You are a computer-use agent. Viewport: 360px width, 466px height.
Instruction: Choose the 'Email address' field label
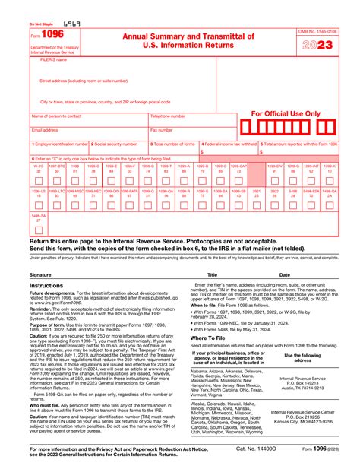[45, 130]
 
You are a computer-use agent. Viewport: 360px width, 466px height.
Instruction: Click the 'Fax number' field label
[161, 130]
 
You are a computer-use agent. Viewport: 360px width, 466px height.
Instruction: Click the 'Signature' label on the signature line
[41, 274]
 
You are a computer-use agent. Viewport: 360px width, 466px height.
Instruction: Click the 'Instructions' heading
[46, 285]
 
